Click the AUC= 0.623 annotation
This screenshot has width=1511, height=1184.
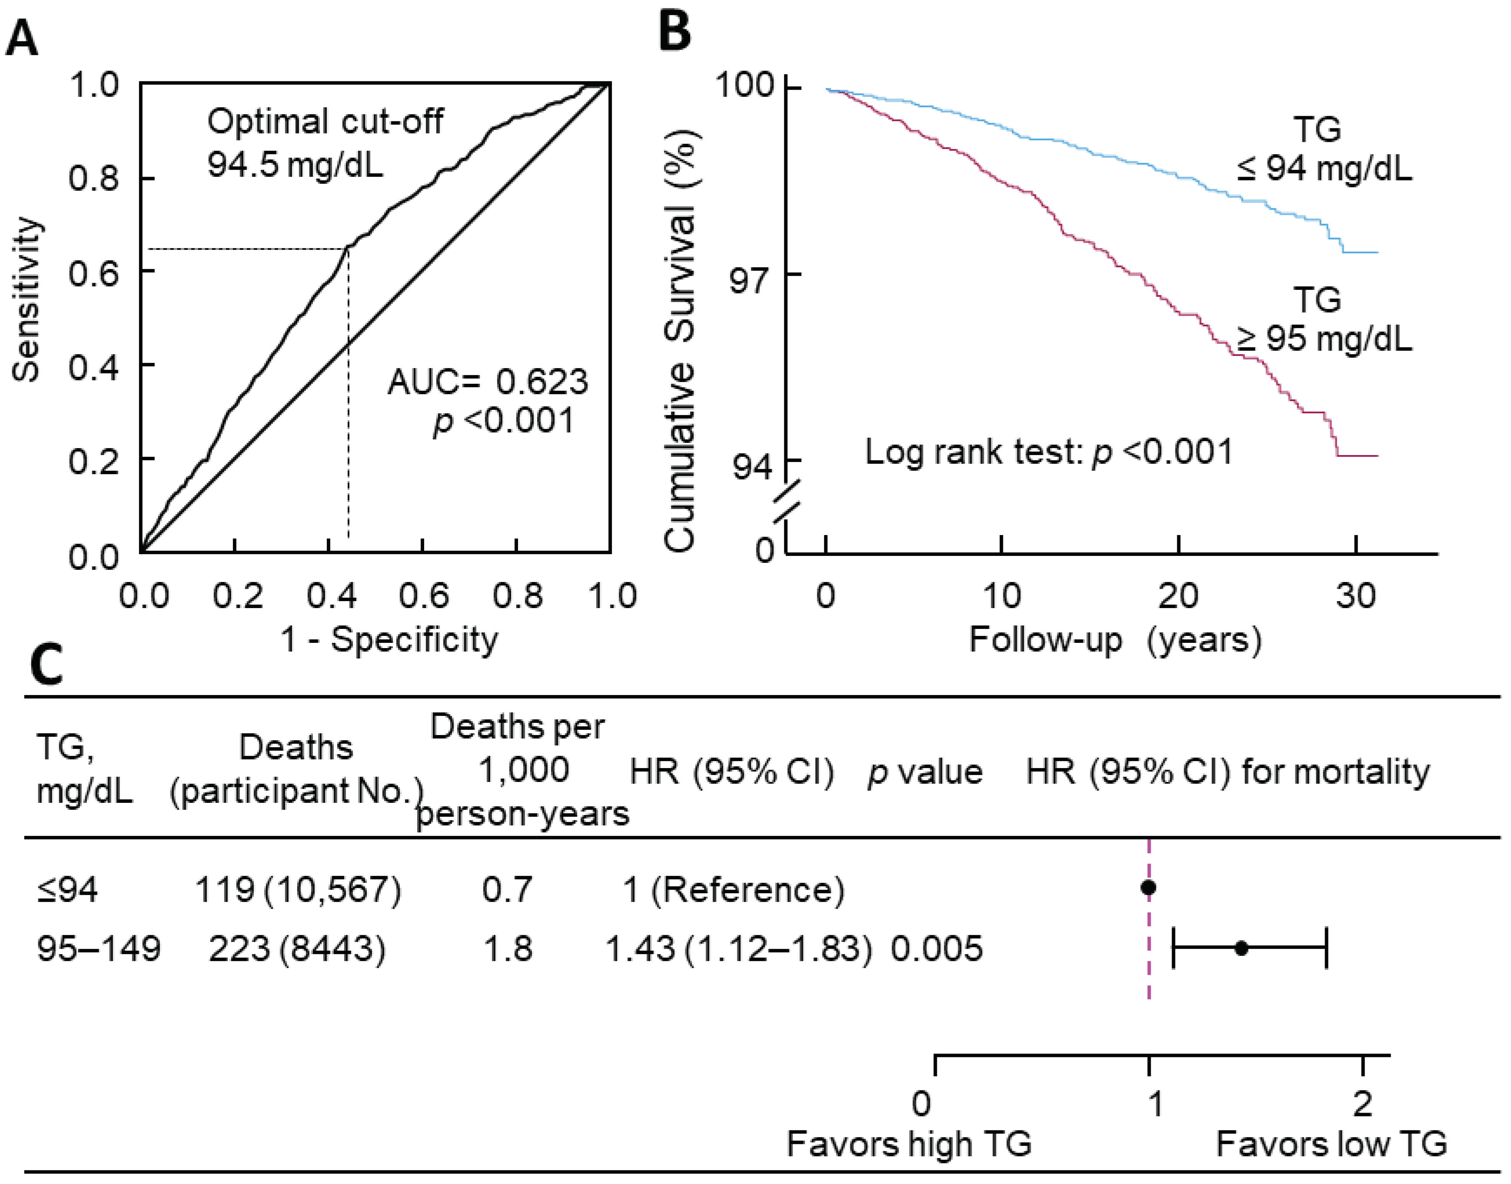point(487,382)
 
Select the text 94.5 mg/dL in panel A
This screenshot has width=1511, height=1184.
point(295,165)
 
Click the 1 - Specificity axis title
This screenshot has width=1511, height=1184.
point(389,639)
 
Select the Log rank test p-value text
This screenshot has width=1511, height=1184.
point(1049,452)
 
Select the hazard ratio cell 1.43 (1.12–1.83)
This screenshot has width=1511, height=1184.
point(738,948)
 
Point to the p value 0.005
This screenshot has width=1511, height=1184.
point(936,948)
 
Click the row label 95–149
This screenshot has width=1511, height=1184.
point(98,948)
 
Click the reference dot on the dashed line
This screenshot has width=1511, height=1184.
point(1149,887)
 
